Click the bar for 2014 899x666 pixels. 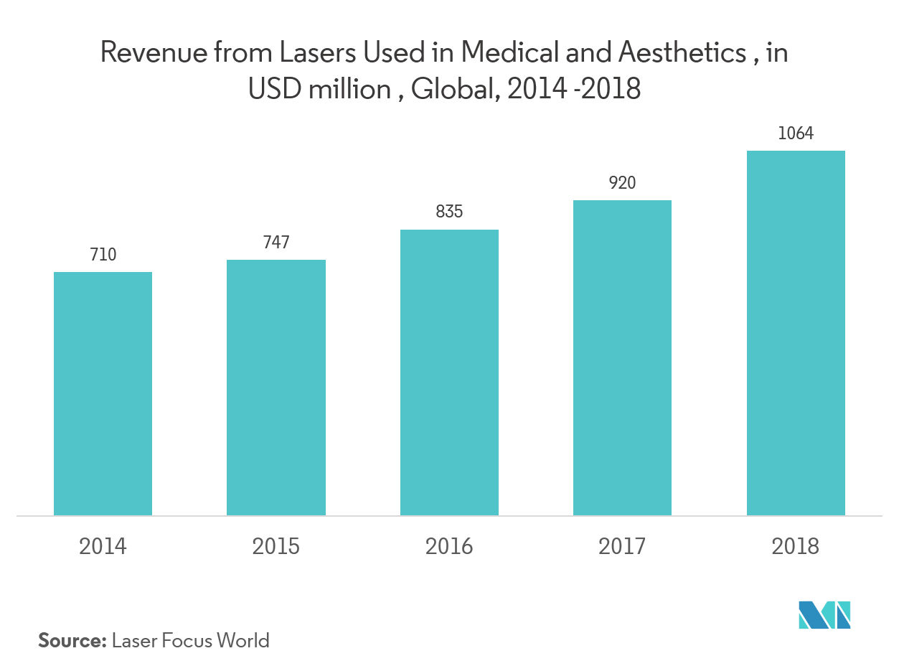coord(103,393)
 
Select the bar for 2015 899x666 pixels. coord(276,388)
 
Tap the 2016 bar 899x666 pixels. coord(449,372)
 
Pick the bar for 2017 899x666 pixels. coord(622,357)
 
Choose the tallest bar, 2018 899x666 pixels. coord(796,333)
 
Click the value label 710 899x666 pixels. coord(103,255)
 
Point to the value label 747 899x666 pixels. coord(276,243)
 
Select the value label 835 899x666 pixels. coord(449,212)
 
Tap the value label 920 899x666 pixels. coord(622,183)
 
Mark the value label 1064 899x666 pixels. coord(796,133)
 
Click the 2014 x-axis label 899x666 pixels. coord(103,547)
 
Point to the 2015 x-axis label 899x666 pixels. coord(276,547)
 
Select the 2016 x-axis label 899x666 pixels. coord(449,547)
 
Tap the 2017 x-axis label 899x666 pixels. coord(622,547)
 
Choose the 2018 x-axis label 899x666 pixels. coord(796,547)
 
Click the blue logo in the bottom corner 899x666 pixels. coord(824,614)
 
